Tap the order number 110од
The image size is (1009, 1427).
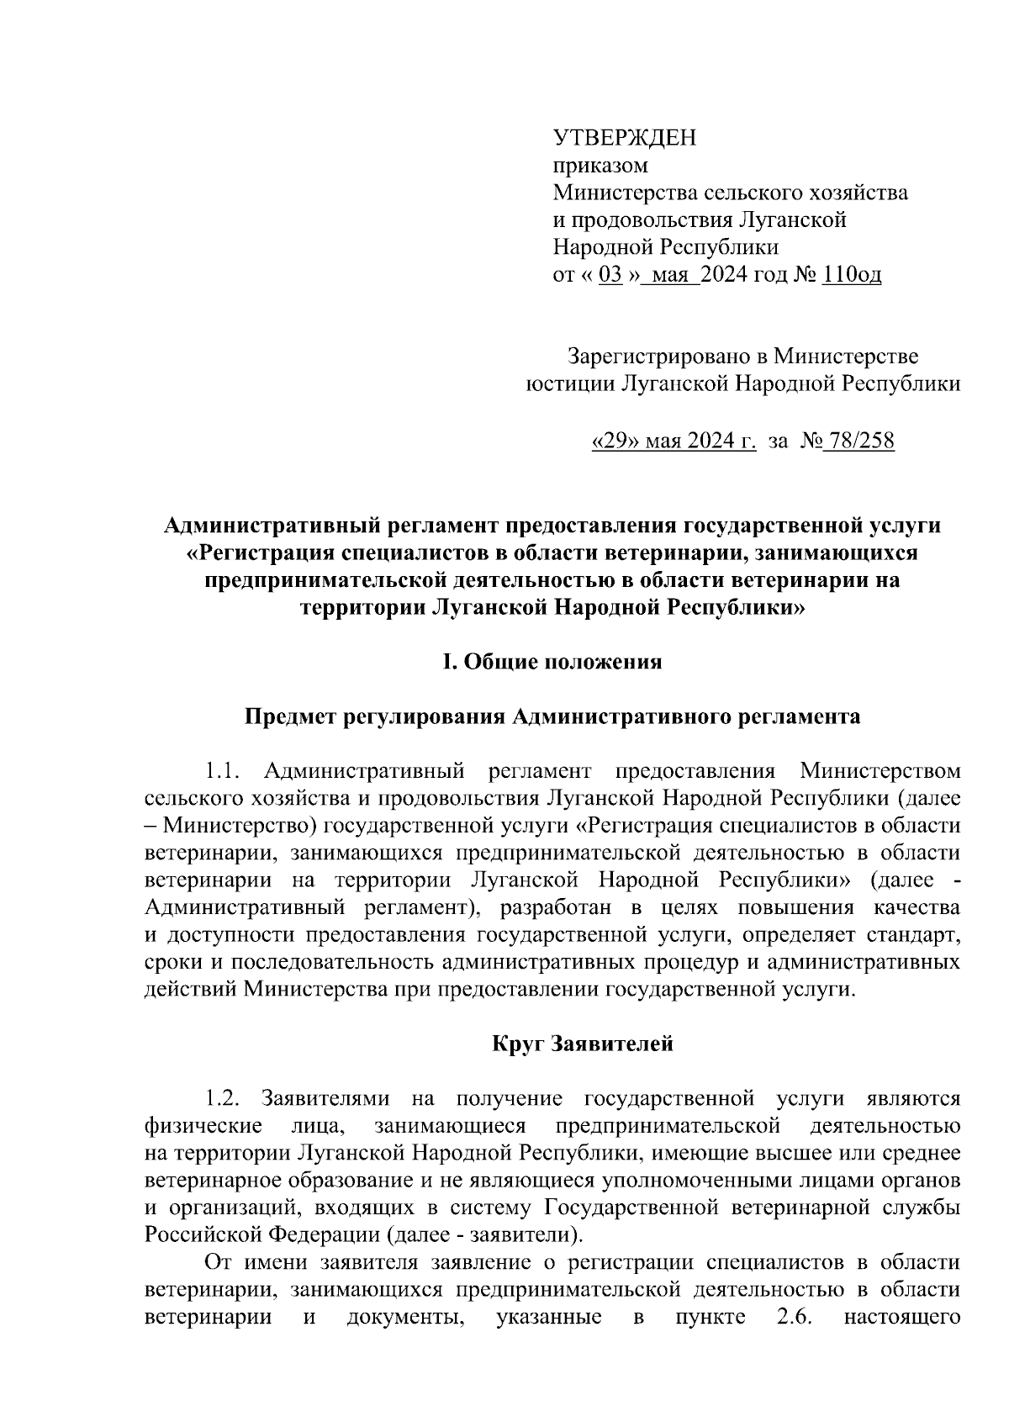852,275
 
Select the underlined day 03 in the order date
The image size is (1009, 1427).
610,275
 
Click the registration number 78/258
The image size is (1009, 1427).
860,441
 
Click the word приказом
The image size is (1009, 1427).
600,166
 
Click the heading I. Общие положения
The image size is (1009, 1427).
552,663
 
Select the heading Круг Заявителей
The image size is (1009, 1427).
583,1044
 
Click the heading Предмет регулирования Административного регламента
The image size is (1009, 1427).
552,717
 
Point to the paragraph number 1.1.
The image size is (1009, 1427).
224,770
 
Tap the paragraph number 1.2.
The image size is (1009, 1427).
224,1099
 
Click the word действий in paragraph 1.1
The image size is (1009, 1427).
192,990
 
